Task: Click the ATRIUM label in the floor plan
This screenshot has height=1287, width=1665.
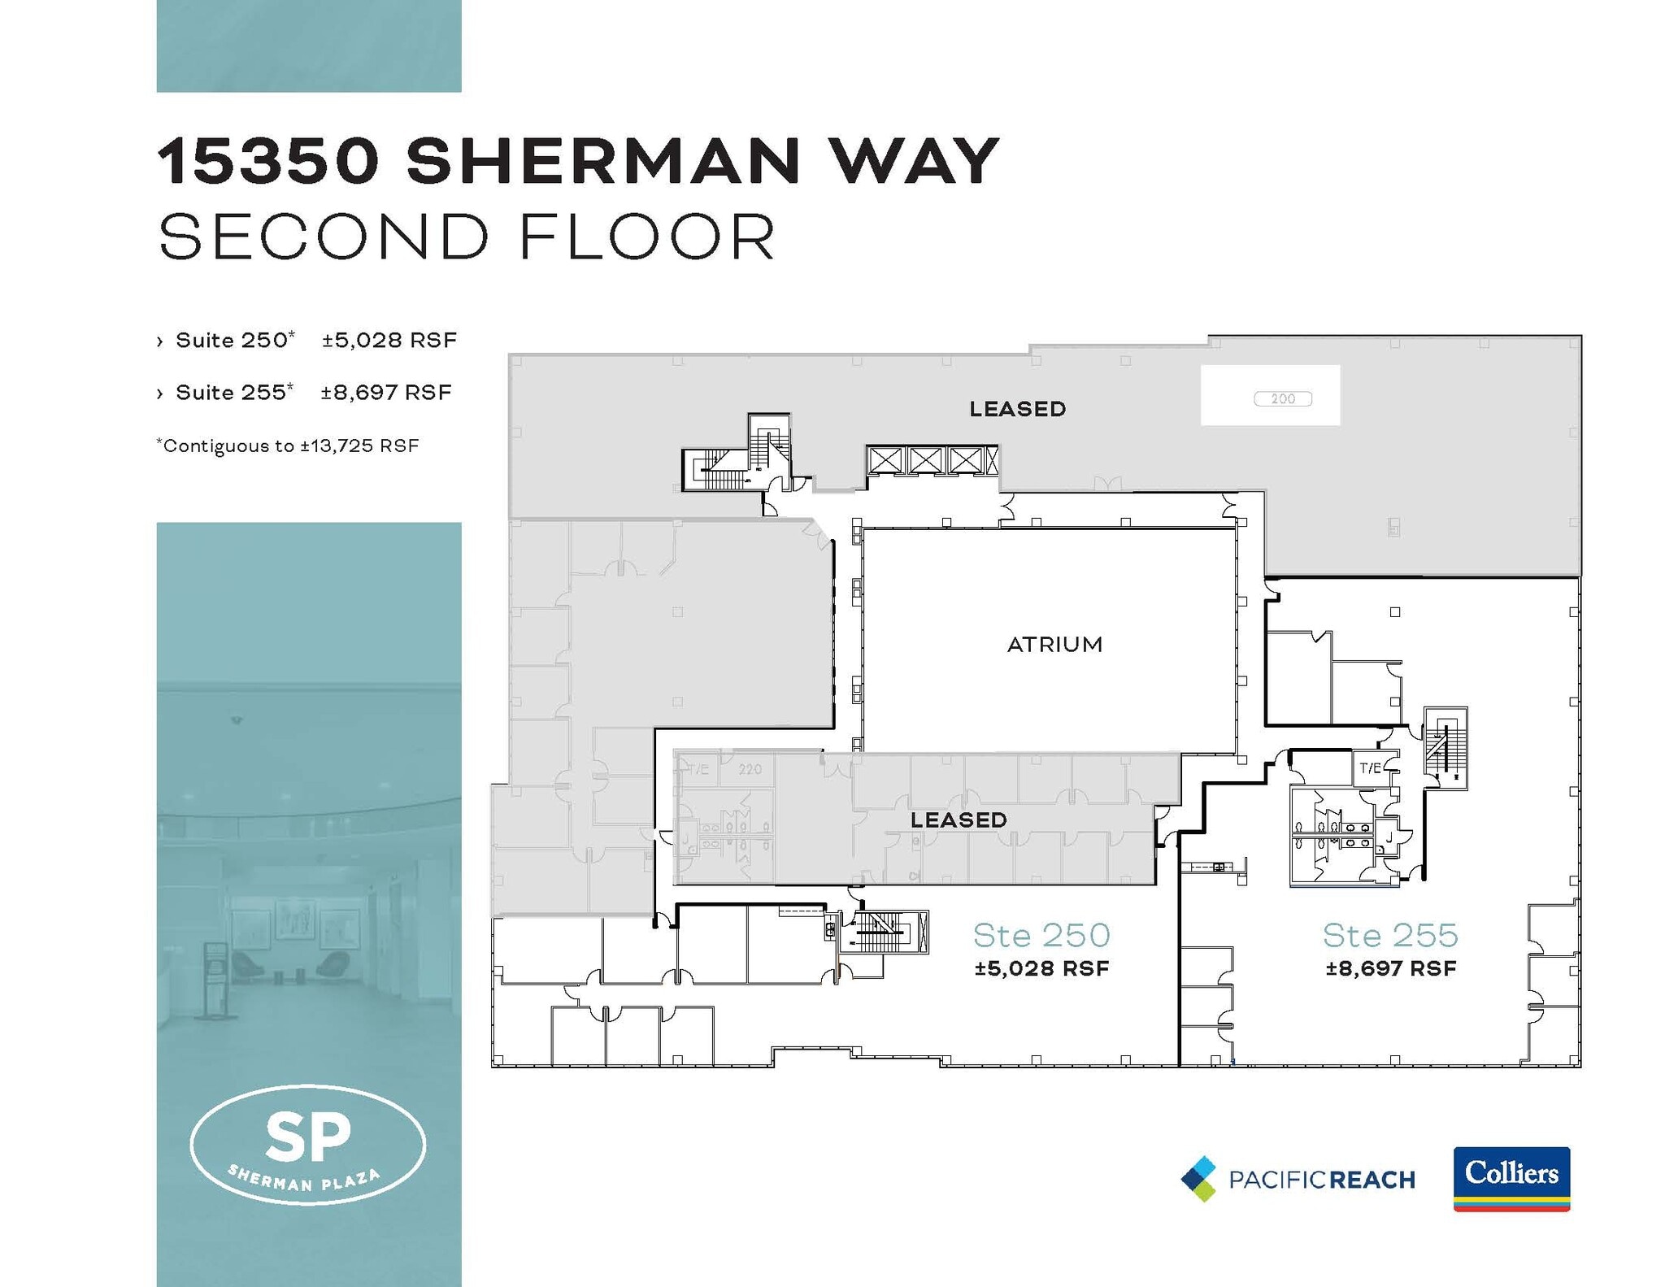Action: (x=1054, y=645)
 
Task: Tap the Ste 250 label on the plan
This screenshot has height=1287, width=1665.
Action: (x=1041, y=936)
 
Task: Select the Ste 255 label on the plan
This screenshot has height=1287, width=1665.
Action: (x=1390, y=936)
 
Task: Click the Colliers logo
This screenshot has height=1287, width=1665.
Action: (x=1511, y=1178)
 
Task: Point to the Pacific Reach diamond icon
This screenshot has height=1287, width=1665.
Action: (x=1199, y=1179)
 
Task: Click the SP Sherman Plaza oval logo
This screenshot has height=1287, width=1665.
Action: (x=308, y=1144)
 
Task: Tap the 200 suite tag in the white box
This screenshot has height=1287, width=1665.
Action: (x=1282, y=398)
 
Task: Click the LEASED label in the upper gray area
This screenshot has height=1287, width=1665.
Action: (x=1017, y=409)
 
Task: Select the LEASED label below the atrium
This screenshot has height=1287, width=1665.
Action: (x=959, y=820)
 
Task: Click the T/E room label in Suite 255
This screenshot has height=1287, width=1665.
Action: (x=1370, y=767)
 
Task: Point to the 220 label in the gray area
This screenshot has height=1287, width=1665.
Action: (x=750, y=769)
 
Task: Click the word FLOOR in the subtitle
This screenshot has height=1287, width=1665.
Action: (x=647, y=237)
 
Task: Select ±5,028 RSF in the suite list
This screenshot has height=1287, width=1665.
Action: (x=389, y=340)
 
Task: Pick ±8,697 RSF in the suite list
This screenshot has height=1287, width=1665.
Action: (x=386, y=393)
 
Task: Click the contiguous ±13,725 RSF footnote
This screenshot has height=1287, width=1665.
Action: (x=288, y=446)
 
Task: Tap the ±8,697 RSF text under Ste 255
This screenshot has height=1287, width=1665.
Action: (x=1390, y=968)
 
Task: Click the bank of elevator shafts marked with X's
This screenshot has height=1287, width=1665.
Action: (x=932, y=461)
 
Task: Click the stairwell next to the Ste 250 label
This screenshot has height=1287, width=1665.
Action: (x=883, y=932)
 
